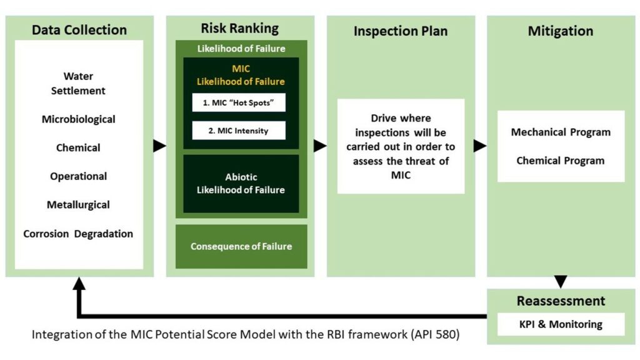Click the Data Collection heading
(x=79, y=30)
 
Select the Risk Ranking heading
(x=240, y=28)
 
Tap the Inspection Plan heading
(x=401, y=31)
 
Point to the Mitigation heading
(x=561, y=31)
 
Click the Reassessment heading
(x=561, y=301)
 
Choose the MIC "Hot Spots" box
(x=239, y=102)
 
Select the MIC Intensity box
(x=239, y=131)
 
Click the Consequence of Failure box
(x=241, y=246)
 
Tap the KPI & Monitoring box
(x=561, y=324)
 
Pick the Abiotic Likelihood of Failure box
(x=241, y=184)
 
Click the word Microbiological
(x=78, y=119)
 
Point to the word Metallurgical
(x=78, y=205)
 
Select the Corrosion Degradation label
(x=78, y=234)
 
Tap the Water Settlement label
(x=78, y=83)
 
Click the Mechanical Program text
(x=561, y=132)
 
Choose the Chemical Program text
(x=561, y=161)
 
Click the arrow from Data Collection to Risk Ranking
(x=159, y=146)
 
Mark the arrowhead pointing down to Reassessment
(x=561, y=282)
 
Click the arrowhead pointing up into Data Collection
(x=79, y=284)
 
